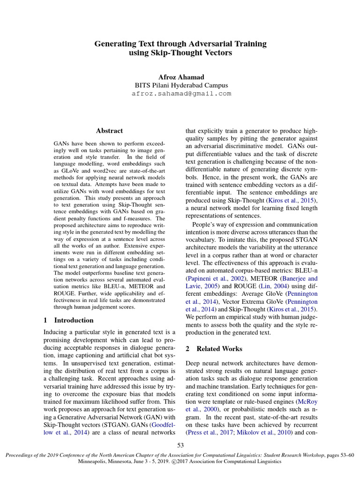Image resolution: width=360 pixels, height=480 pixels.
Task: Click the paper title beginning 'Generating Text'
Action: pyautogui.click(x=180, y=48)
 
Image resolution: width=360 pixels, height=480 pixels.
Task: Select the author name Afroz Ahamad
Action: pyautogui.click(x=180, y=77)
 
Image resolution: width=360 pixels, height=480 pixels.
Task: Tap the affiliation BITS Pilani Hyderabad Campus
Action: pyautogui.click(x=180, y=85)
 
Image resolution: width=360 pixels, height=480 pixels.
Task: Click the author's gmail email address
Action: pyautogui.click(x=180, y=94)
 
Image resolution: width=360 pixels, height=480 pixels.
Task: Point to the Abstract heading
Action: pyautogui.click(x=109, y=131)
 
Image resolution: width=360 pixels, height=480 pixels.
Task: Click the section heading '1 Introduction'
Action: pyautogui.click(x=68, y=320)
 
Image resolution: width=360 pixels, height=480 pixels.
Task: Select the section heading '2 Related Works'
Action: pyautogui.click(x=214, y=349)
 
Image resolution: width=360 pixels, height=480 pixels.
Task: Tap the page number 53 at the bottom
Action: pyautogui.click(x=180, y=444)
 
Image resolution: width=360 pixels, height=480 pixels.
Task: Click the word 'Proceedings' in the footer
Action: pyautogui.click(x=18, y=455)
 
